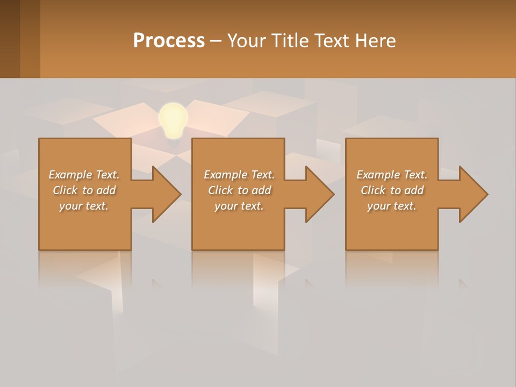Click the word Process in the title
(x=169, y=41)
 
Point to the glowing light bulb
(x=173, y=120)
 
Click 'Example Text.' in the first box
(x=84, y=174)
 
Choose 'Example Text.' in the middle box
(x=239, y=174)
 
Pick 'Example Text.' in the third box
(x=392, y=174)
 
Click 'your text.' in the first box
(x=84, y=206)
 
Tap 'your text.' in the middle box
(x=239, y=206)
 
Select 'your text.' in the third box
(x=392, y=206)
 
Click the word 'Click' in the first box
(x=65, y=190)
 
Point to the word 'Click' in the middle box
(x=220, y=190)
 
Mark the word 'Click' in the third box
(x=373, y=190)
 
